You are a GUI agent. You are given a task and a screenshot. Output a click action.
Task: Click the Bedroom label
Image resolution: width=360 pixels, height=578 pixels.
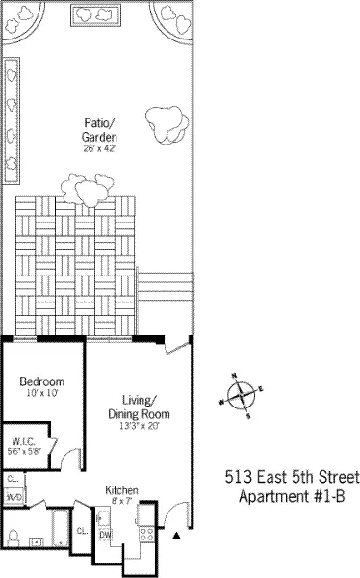(42, 381)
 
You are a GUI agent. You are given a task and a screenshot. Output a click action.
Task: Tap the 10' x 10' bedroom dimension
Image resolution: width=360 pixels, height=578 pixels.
(42, 393)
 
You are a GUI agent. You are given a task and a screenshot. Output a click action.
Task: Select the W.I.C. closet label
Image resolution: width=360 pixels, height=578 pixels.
(26, 439)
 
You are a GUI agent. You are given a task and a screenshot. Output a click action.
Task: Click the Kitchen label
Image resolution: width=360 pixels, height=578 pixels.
(121, 490)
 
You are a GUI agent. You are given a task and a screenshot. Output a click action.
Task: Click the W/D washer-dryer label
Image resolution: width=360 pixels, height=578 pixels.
(13, 497)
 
